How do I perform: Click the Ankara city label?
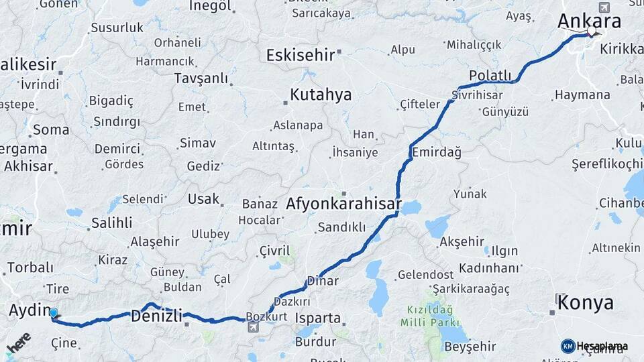pyautogui.click(x=589, y=21)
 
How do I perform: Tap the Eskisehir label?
pyautogui.click(x=300, y=55)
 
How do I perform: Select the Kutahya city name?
pyautogui.click(x=321, y=95)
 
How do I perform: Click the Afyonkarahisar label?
pyautogui.click(x=343, y=204)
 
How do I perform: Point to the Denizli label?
pyautogui.click(x=156, y=315)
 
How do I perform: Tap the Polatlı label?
pyautogui.click(x=490, y=76)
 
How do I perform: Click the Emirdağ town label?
pyautogui.click(x=437, y=152)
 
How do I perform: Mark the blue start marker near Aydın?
pyautogui.click(x=54, y=312)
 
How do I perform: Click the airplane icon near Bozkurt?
pyautogui.click(x=253, y=327)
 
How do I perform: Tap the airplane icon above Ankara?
pyautogui.click(x=604, y=7)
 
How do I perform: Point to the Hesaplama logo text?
pyautogui.click(x=602, y=346)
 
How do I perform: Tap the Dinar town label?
pyautogui.click(x=322, y=281)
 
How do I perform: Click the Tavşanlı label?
pyautogui.click(x=201, y=78)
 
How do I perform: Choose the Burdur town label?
pyautogui.click(x=315, y=342)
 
